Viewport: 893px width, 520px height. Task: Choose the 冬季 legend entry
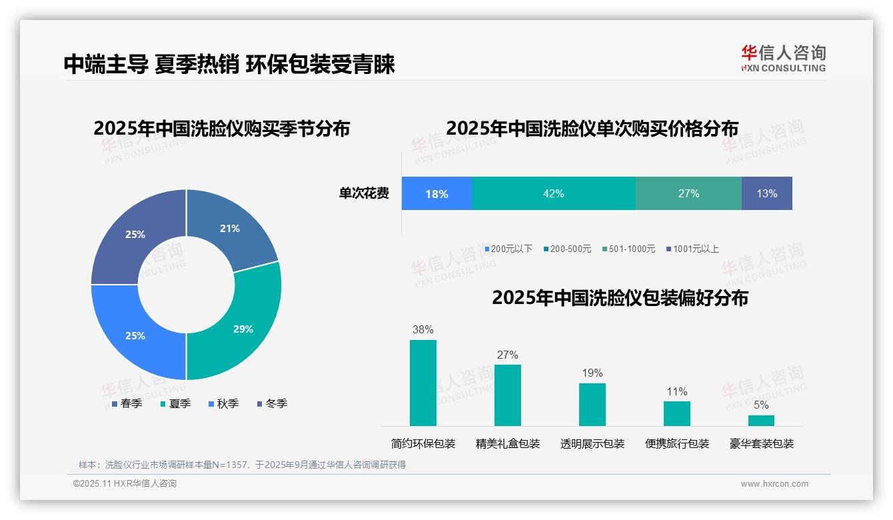271,403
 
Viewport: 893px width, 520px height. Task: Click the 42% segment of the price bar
553,193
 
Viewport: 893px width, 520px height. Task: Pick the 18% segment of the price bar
437,193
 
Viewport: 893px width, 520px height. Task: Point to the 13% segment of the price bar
766,193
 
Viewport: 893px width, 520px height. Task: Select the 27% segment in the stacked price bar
688,193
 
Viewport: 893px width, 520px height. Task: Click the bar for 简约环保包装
423,383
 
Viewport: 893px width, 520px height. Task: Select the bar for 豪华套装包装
761,420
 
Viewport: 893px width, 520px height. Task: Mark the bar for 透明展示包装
592,404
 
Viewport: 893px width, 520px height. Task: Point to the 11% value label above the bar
677,391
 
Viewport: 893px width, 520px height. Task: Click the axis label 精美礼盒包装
508,443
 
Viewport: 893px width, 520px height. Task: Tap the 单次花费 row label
364,193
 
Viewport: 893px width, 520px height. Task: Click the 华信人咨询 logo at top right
783,58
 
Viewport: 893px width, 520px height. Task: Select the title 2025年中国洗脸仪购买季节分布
222,128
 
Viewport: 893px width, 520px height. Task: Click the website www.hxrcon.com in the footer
774,484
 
